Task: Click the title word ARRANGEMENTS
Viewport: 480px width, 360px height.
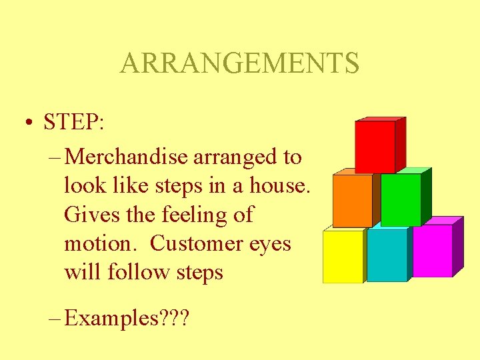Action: tap(239, 64)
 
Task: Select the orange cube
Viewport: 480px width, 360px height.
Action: tap(352, 201)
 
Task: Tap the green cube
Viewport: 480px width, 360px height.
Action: tap(401, 199)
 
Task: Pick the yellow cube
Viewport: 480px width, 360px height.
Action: tap(343, 257)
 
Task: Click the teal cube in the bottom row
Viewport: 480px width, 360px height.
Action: tap(387, 255)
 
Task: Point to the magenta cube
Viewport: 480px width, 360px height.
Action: tap(432, 251)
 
